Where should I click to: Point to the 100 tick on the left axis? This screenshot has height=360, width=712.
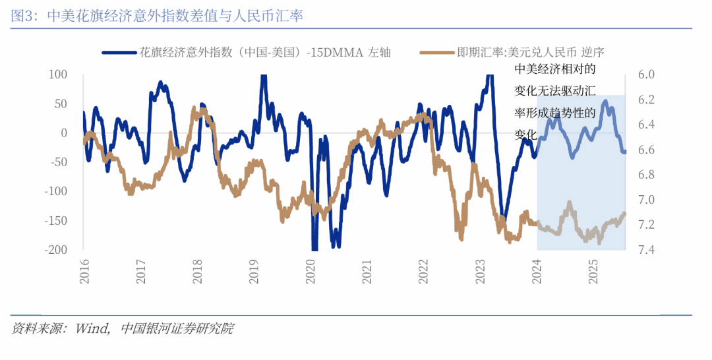[59, 75]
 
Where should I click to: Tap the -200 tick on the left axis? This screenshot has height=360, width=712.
[55, 250]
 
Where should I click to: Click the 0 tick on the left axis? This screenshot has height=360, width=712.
[64, 133]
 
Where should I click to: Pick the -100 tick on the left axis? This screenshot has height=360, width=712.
[55, 191]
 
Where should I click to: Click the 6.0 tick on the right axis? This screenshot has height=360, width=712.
[647, 75]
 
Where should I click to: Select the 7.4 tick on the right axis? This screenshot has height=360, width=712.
[647, 250]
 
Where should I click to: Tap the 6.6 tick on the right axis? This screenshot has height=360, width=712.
[647, 150]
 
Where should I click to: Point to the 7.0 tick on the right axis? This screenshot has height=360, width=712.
[647, 200]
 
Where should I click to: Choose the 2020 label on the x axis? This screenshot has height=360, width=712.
[311, 271]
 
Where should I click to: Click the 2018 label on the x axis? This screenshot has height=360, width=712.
[197, 271]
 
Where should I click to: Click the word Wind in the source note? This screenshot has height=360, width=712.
[92, 328]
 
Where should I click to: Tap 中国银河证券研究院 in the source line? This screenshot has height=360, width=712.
[177, 328]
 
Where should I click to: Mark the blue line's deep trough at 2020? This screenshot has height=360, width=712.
[314, 248]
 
